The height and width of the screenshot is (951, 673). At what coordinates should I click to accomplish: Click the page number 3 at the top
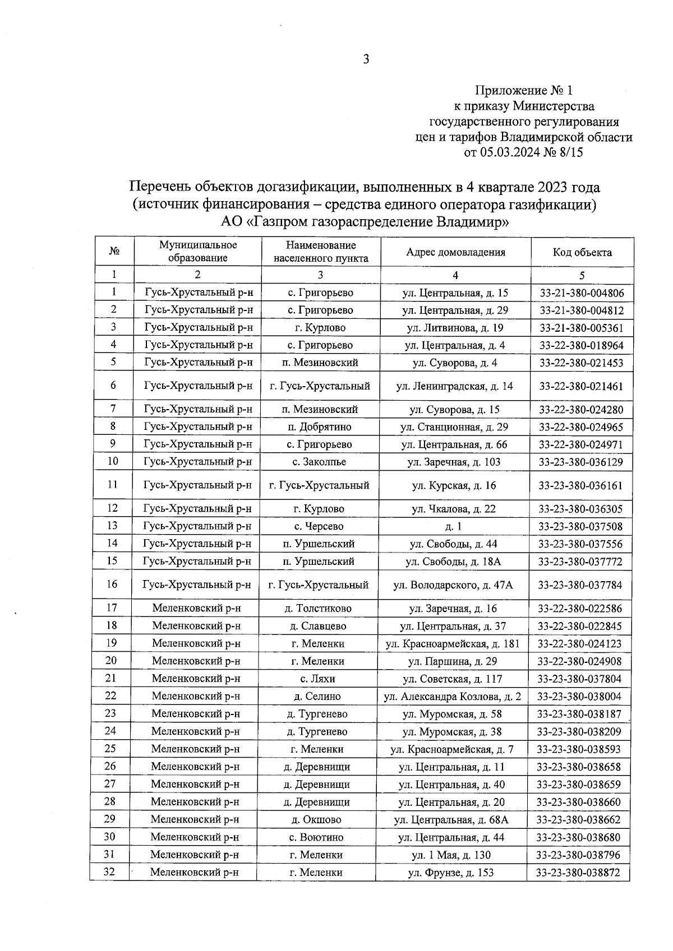point(366,60)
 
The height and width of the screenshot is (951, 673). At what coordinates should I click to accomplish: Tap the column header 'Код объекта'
point(582,252)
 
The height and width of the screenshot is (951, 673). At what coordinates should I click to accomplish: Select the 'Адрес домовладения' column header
point(455,252)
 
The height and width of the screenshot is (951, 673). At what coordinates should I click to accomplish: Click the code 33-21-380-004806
point(582,293)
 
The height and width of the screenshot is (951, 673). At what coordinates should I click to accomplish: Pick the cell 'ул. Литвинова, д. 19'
point(455,328)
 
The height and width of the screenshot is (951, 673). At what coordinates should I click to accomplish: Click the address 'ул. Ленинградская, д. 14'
point(454,386)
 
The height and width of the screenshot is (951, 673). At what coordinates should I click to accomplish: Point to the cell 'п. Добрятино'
point(320,427)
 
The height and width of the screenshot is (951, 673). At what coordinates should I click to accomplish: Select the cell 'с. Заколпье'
point(319,462)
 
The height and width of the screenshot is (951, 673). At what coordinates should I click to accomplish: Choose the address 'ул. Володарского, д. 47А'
point(453,585)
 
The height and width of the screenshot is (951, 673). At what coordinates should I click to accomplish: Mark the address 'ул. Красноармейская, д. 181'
point(453,644)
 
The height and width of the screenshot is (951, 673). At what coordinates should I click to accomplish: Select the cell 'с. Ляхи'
point(317,679)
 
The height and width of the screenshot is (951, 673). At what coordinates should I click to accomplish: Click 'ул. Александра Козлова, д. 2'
point(452,697)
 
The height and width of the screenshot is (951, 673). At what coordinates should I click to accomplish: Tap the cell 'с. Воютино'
point(316,837)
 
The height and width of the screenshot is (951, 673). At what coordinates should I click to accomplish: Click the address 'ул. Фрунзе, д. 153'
point(451,873)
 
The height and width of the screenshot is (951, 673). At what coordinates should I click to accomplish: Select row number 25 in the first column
point(110,749)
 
